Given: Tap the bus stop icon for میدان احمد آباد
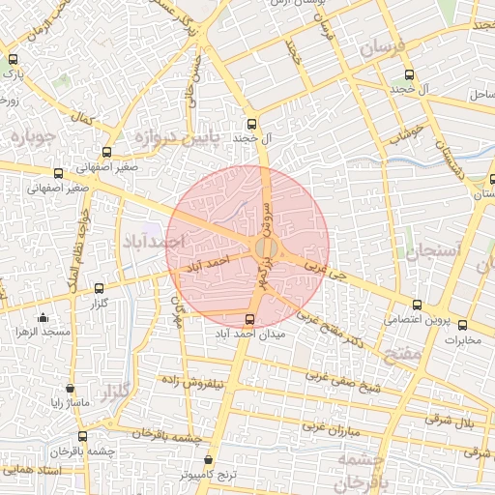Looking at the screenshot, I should click(x=251, y=319).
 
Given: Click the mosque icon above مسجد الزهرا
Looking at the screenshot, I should click(x=42, y=318).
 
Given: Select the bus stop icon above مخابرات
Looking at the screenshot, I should click(x=462, y=325).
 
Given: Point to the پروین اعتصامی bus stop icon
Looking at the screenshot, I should click(x=417, y=305).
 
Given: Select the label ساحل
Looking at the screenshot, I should click(x=480, y=95).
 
